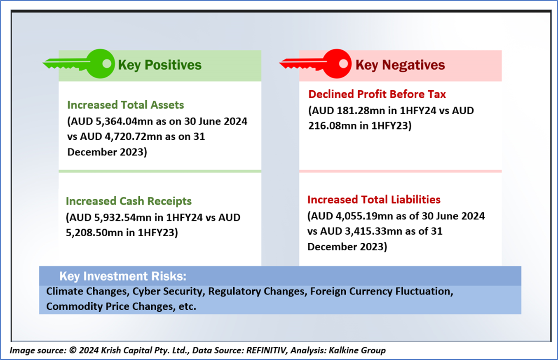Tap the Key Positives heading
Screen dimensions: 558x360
[159, 65]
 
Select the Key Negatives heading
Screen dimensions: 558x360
[400, 65]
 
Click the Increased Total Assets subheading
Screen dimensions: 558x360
[126, 105]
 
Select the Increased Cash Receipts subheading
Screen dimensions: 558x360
[129, 201]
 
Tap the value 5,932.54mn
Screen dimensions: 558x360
[123, 218]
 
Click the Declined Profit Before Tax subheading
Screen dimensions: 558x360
[377, 94]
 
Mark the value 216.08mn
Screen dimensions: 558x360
[333, 126]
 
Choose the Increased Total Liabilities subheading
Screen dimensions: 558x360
[374, 200]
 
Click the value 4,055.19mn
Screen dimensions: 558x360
[364, 216]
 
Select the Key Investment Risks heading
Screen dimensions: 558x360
[122, 276]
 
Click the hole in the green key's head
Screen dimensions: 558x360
[107, 64]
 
